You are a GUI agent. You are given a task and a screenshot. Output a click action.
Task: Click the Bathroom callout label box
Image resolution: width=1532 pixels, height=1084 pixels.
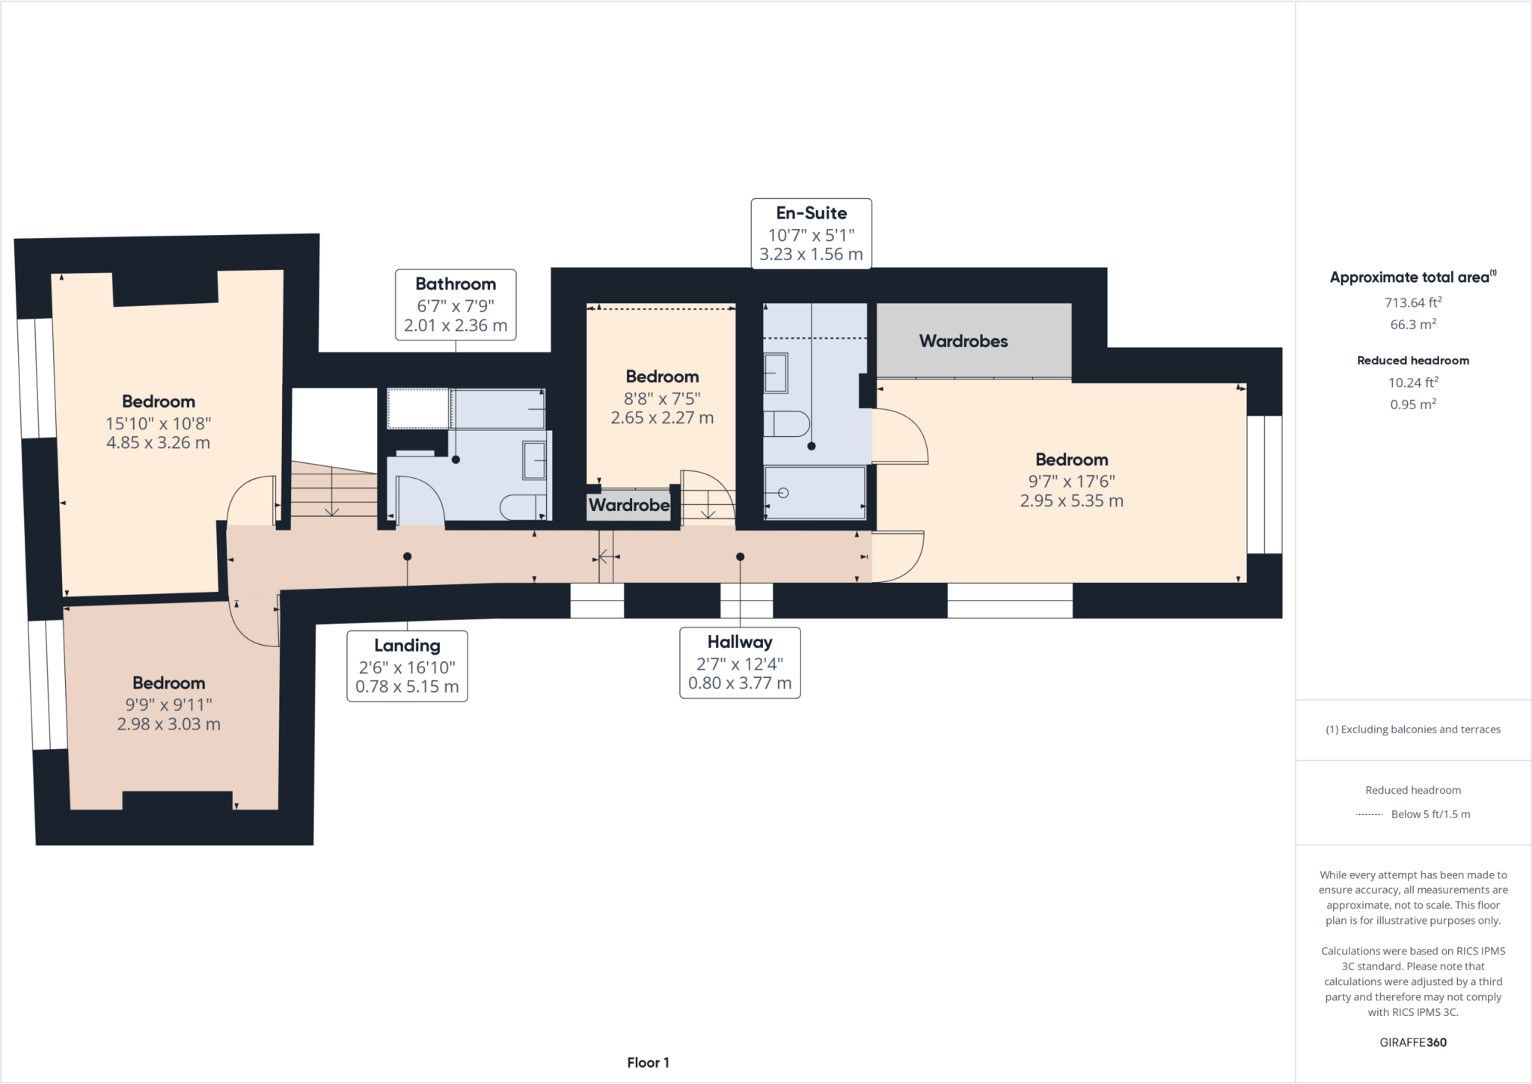456,304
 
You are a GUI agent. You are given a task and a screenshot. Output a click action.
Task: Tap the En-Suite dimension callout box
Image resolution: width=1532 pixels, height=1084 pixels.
811,233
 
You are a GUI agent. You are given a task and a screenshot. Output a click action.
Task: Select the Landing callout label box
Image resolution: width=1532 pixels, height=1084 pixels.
407,666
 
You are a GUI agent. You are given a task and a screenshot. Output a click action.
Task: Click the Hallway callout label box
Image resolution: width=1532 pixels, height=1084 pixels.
739,662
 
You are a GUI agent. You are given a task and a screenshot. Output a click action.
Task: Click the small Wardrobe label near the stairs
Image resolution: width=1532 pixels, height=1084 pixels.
628,505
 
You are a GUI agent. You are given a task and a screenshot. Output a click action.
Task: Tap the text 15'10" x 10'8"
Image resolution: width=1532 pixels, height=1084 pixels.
159,423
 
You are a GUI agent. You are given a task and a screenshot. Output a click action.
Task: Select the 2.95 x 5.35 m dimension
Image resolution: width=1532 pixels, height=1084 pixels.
1071,501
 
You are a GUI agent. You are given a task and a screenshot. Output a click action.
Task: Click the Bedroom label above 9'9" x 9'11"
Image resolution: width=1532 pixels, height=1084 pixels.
168,683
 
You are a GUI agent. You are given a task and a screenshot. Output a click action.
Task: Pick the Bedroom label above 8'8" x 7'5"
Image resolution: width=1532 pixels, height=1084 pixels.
662,376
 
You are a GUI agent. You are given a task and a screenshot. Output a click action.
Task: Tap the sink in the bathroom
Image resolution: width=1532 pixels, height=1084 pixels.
534,460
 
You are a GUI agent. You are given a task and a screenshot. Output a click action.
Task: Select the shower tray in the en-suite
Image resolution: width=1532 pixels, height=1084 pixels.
815,492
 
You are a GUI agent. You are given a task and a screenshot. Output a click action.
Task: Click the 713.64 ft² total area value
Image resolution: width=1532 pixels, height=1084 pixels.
1412,302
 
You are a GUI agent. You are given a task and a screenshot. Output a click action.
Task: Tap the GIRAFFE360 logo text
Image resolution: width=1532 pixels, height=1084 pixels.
1412,1042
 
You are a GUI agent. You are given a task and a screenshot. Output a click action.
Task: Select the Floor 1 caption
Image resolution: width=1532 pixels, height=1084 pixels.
648,1062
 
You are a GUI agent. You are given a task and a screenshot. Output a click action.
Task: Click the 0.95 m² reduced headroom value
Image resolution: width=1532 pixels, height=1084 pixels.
1412,404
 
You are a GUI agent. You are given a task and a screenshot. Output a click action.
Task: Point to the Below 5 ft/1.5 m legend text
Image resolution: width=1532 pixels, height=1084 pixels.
1430,814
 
